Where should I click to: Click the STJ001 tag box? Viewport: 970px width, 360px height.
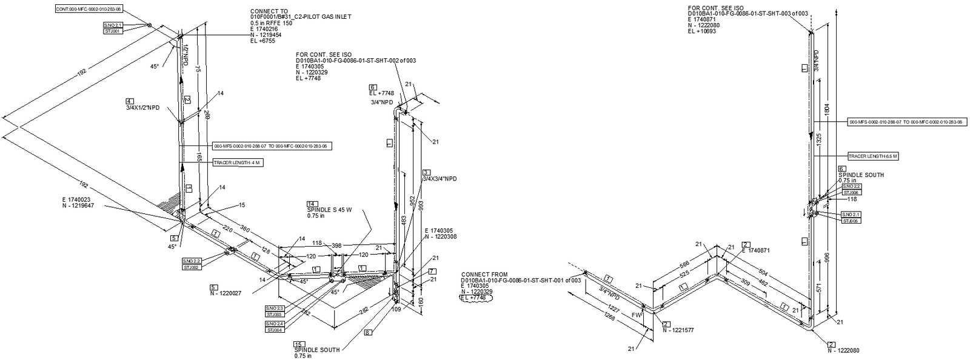113,30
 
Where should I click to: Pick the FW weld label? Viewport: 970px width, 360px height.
636,315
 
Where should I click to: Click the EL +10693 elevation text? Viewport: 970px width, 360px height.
702,31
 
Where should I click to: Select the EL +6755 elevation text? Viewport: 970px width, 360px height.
263,41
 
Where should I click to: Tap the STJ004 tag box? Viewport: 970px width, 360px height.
274,330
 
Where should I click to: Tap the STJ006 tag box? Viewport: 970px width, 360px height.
851,192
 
